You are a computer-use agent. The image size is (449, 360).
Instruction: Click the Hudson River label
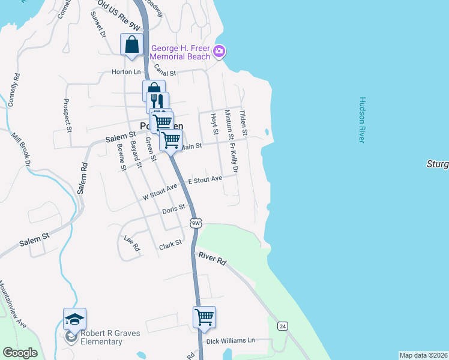coord(362,120)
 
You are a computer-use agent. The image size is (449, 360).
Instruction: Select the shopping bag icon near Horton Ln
coord(131,44)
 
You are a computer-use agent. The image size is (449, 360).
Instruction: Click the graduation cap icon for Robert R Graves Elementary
coord(74,319)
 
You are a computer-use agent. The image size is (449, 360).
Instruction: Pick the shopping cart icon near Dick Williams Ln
coord(204,317)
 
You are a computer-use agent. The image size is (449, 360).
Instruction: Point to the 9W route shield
coord(196,223)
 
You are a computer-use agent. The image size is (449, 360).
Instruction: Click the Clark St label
coord(170,247)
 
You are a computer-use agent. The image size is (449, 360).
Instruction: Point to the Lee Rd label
coord(131,243)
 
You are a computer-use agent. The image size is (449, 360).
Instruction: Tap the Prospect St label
coord(67,115)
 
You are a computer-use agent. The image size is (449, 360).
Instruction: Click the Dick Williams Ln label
coord(230,341)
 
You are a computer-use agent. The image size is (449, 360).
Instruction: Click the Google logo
coord(20,353)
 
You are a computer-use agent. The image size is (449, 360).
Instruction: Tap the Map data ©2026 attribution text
coord(423,355)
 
